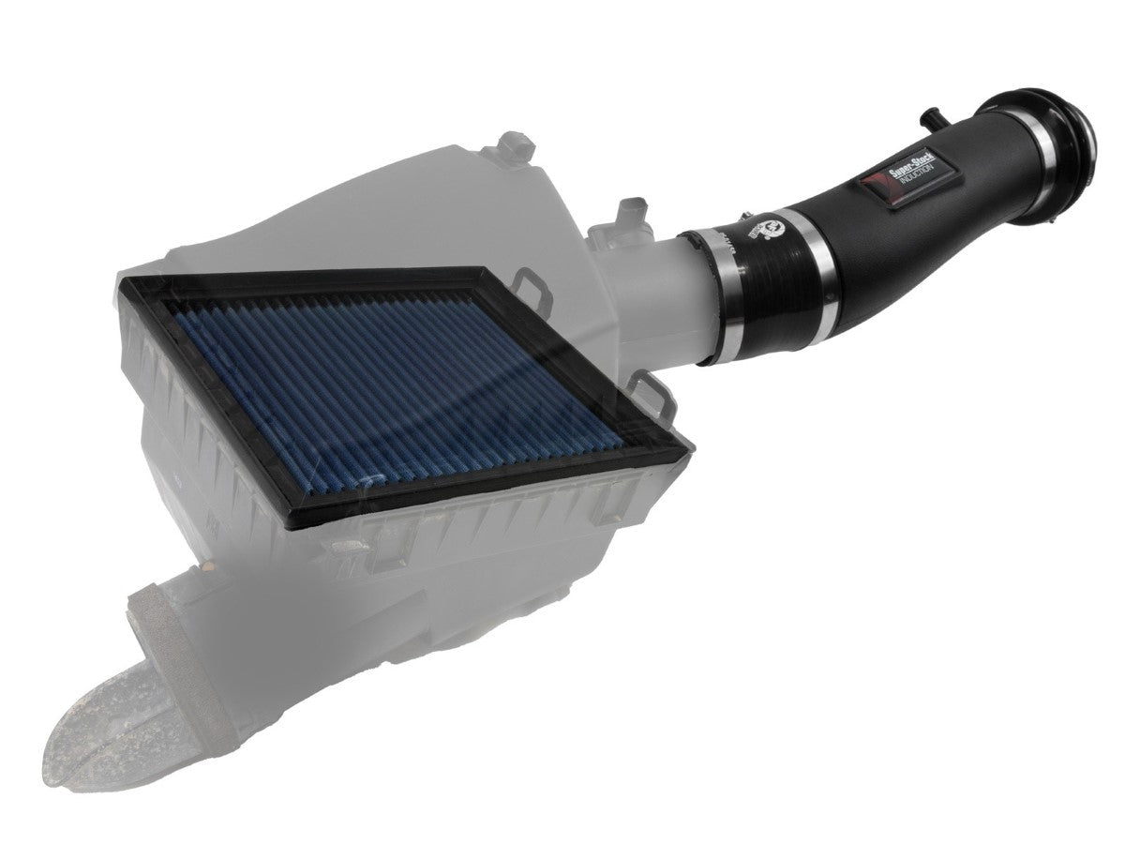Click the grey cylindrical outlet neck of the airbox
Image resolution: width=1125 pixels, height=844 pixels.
click(x=656, y=281)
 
